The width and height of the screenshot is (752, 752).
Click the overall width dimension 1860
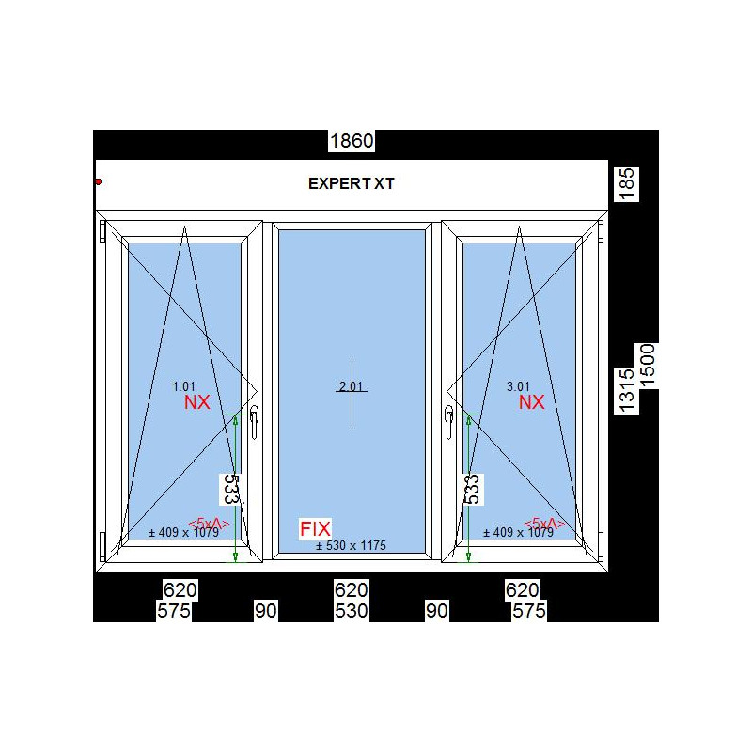click(352, 141)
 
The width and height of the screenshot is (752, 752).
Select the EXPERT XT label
click(351, 183)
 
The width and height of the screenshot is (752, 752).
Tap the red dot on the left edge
click(99, 181)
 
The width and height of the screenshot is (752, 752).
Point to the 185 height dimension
click(627, 183)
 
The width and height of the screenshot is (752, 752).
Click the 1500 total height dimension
click(647, 366)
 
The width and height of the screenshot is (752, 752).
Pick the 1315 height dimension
click(627, 390)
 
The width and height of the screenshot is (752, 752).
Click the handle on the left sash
click(254, 422)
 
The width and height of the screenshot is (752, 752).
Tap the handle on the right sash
click(449, 422)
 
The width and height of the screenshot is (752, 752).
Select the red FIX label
click(315, 528)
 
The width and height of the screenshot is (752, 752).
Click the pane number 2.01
click(351, 386)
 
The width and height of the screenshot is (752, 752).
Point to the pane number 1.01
click(183, 386)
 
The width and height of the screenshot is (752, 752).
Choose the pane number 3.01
click(519, 386)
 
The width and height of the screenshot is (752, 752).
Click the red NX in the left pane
click(197, 402)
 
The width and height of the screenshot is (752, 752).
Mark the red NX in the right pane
click(532, 402)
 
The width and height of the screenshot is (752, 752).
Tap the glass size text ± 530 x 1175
click(351, 545)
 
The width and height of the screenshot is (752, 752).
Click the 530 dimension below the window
click(351, 610)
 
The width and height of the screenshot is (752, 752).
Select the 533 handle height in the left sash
click(231, 489)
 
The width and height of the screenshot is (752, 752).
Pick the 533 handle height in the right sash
click(473, 489)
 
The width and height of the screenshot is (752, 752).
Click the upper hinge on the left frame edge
click(102, 231)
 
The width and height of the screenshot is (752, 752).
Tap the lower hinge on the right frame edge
click(601, 546)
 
